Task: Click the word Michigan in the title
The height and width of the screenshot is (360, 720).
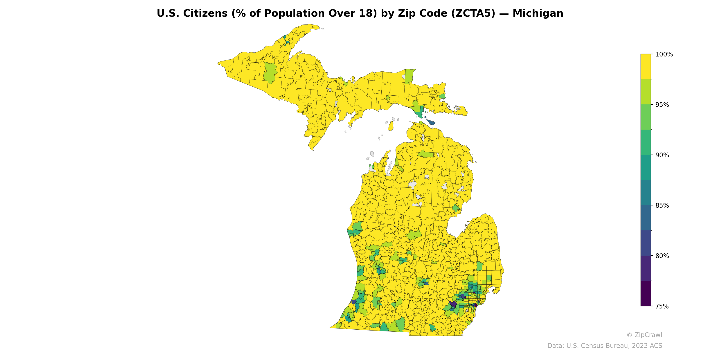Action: [538, 13]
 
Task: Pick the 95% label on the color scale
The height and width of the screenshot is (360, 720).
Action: [662, 105]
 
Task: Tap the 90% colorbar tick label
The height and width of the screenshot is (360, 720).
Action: [662, 155]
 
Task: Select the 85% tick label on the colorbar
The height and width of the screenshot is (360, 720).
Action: [662, 205]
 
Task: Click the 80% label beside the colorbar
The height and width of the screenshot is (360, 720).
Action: [662, 256]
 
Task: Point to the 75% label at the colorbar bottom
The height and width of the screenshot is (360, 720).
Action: [662, 306]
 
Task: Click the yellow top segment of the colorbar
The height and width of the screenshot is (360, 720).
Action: [646, 67]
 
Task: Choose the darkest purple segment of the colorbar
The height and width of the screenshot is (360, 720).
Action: [646, 293]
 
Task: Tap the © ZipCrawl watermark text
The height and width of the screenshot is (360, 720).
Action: [644, 335]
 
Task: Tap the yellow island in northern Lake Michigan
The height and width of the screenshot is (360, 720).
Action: [391, 126]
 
